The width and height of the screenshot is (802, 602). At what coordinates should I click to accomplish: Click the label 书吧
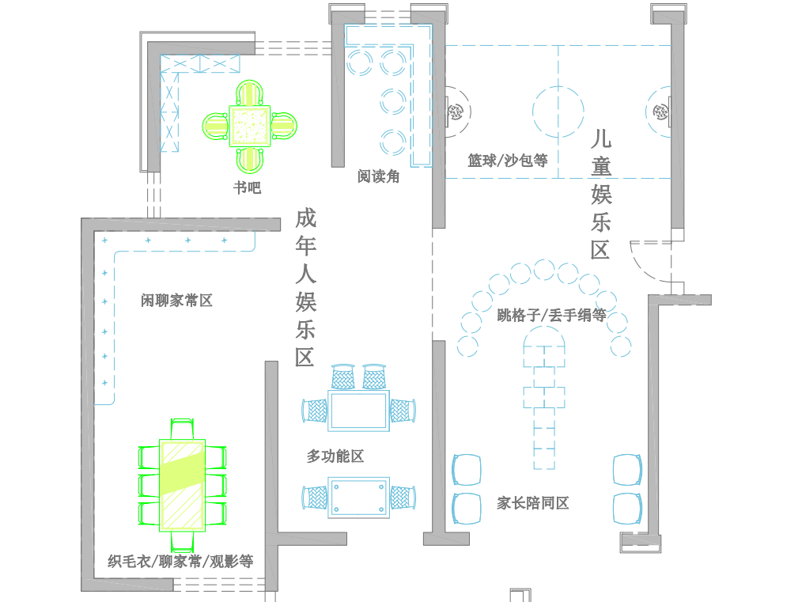pos(247,187)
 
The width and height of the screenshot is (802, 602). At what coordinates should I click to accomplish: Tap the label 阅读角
pos(378,176)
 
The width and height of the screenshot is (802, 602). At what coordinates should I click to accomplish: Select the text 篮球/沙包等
pos(507,161)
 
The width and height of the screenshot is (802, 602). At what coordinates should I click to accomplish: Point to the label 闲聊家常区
pos(177,301)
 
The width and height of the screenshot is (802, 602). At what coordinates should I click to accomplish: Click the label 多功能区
pos(335,456)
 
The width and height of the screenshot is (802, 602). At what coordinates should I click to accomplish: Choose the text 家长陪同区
pos(533,503)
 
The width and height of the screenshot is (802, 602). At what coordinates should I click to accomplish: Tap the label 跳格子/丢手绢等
pos(551,316)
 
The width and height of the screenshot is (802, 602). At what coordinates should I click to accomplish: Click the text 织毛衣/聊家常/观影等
pos(180,562)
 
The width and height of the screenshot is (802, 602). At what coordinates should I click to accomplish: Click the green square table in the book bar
pos(250,126)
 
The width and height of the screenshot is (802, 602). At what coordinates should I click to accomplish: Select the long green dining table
pos(183,484)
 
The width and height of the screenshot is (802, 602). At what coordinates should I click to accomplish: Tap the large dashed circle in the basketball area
pos(558,112)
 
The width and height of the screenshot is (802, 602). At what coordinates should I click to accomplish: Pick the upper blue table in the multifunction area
pos(359,411)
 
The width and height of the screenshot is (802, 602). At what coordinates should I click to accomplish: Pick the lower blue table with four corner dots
pos(359,498)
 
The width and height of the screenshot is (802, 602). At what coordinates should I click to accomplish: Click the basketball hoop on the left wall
pos(454,112)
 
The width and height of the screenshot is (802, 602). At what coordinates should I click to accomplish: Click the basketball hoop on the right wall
pos(660,112)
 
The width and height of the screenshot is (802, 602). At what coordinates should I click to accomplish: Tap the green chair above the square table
pos(250,93)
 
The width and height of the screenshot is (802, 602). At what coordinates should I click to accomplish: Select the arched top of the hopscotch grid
pos(544,339)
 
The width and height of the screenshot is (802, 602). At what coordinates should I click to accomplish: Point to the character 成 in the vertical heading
pos(306,218)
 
